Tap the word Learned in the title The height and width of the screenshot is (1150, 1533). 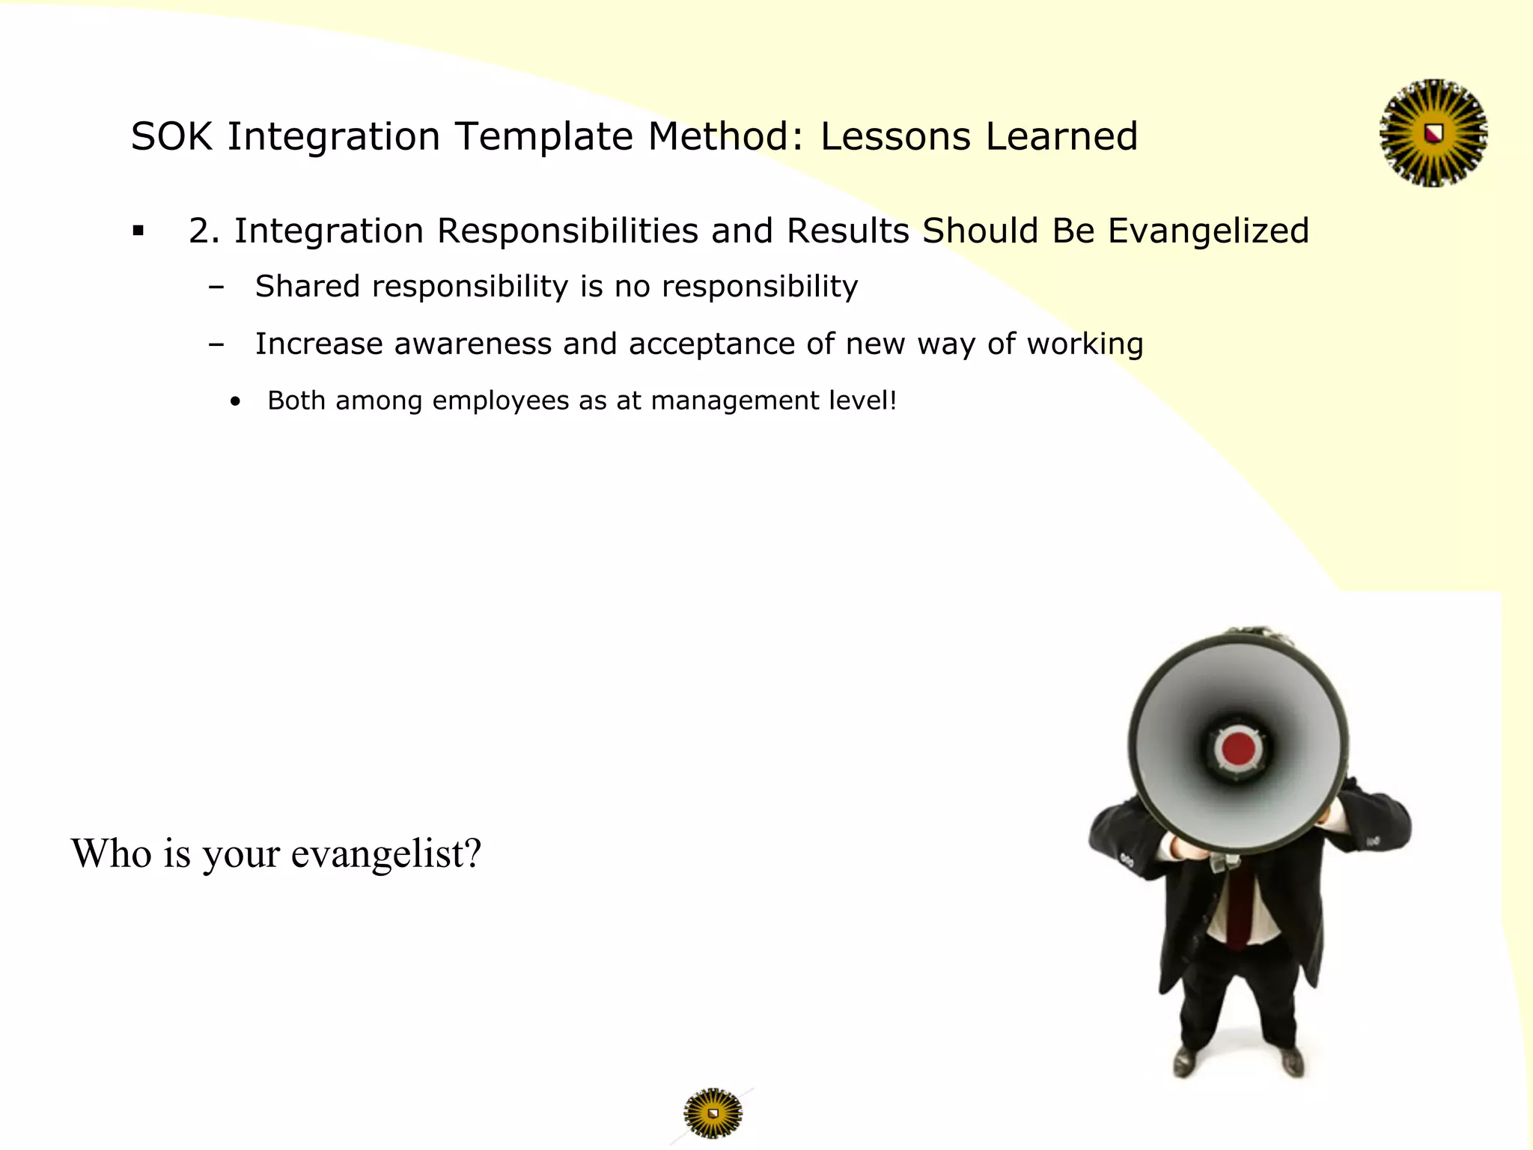[x=1061, y=137]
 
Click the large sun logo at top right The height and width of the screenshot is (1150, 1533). [x=1433, y=133]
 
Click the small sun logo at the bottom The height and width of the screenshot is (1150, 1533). [x=713, y=1113]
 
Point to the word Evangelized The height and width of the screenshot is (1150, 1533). [x=1208, y=231]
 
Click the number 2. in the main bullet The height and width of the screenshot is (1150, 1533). [x=204, y=231]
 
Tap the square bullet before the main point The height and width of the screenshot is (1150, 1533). [x=138, y=231]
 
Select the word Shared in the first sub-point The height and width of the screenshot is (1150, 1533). [x=308, y=287]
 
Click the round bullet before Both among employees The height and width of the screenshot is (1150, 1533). [x=236, y=402]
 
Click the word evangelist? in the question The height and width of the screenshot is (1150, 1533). [x=385, y=854]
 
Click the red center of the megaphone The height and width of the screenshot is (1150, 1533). [x=1238, y=748]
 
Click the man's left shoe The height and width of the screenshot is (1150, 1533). [x=1293, y=1061]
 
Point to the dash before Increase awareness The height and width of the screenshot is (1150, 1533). [x=216, y=344]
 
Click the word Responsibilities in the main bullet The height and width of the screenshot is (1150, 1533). [x=567, y=231]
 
